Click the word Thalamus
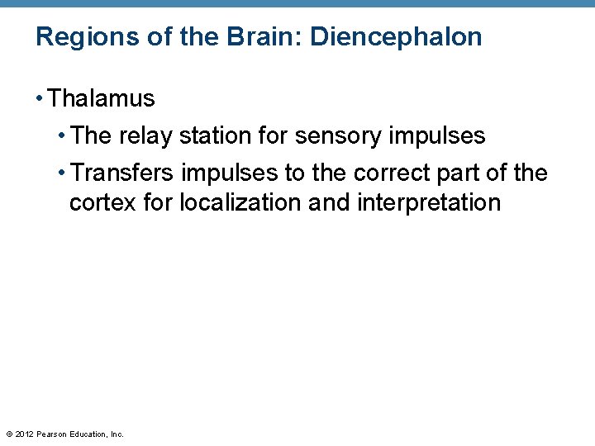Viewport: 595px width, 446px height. point(102,99)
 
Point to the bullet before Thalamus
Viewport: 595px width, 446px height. point(40,99)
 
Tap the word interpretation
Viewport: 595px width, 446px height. point(429,202)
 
